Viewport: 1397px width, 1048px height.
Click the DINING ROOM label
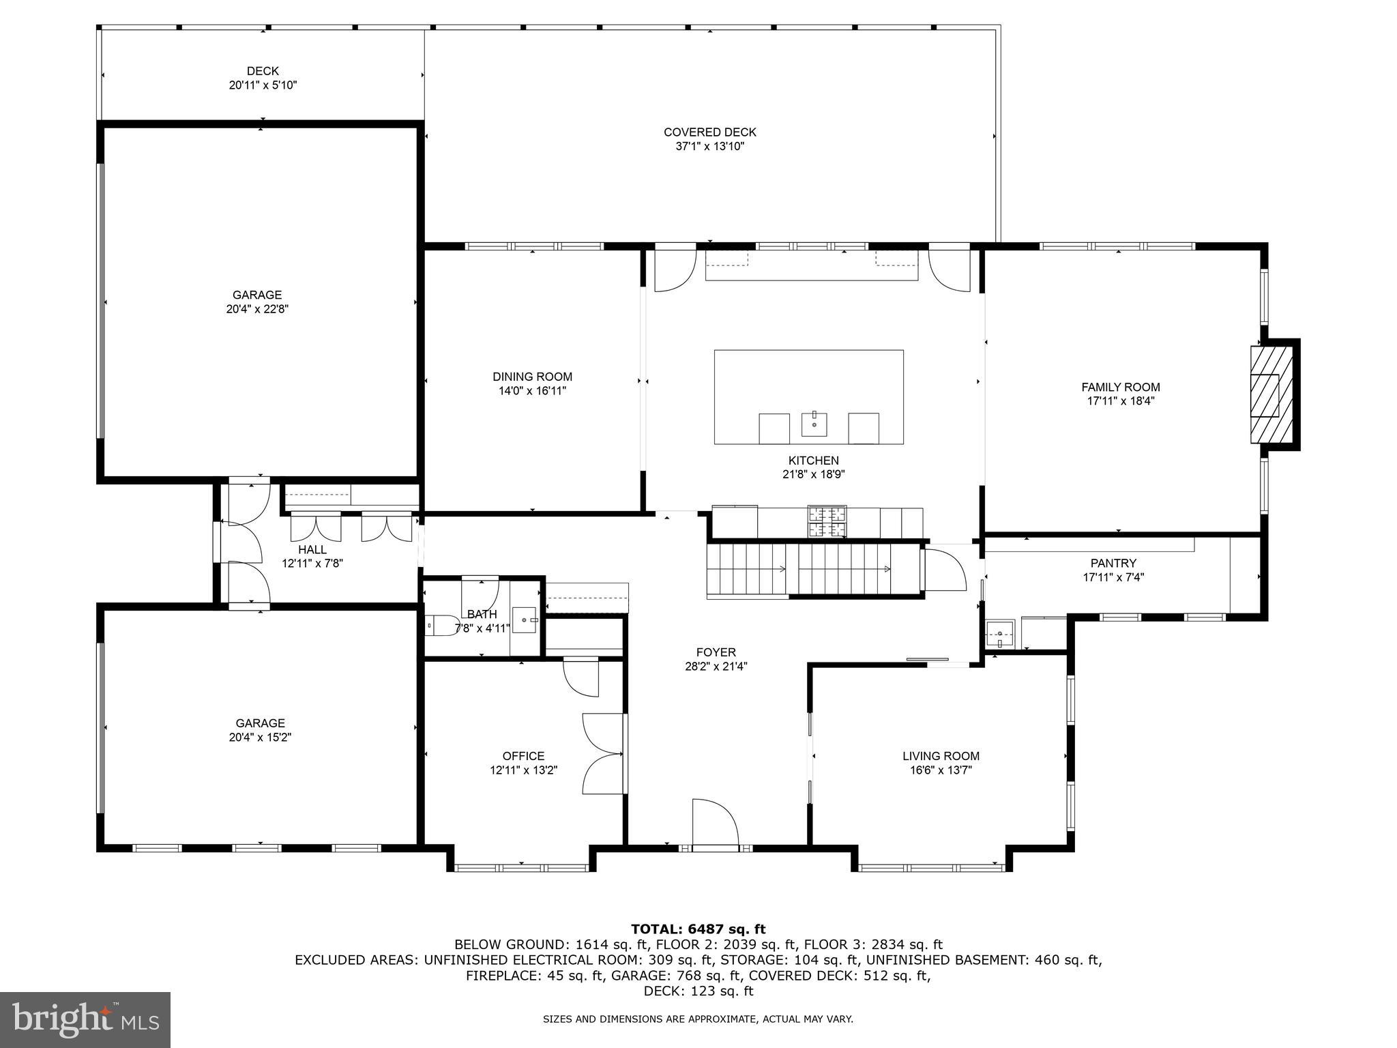pos(532,377)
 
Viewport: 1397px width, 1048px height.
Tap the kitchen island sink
pos(814,424)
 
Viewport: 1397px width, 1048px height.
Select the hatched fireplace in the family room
pos(1271,395)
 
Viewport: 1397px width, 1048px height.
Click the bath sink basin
pos(525,620)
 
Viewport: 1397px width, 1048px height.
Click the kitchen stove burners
pos(827,523)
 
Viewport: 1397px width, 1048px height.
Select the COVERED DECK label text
pos(709,132)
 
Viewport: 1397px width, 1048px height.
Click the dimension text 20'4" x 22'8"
pos(256,309)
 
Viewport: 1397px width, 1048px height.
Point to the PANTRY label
pos(1113,563)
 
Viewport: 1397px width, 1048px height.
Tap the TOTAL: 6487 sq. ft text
pos(698,929)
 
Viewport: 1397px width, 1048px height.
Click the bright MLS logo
pos(85,1019)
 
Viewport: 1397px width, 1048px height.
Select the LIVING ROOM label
pos(941,756)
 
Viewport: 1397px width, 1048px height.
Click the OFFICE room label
pos(523,756)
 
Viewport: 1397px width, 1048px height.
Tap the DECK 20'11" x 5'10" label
pos(263,78)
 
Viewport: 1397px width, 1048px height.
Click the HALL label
pos(312,549)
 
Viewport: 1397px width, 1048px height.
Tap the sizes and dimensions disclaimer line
pos(698,1019)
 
